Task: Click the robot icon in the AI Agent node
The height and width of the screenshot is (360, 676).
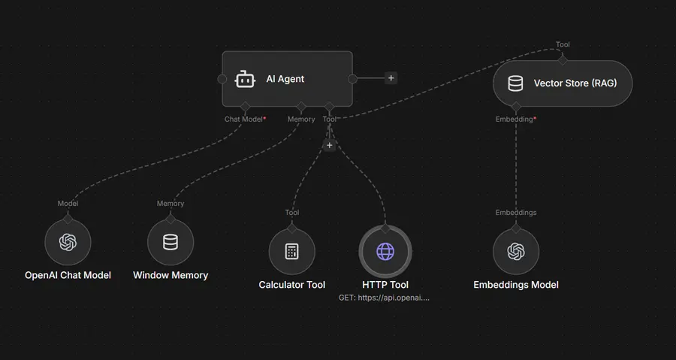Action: click(x=246, y=79)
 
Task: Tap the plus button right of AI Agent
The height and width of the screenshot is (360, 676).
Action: click(x=391, y=77)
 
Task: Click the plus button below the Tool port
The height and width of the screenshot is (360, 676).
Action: click(x=329, y=145)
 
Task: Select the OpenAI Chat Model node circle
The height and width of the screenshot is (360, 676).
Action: click(x=68, y=242)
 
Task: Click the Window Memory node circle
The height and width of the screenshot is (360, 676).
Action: click(x=171, y=242)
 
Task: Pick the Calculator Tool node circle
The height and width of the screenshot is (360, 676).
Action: click(x=292, y=251)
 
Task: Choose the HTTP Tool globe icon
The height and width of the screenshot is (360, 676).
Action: click(x=385, y=251)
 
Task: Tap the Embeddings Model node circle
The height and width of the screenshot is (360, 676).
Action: click(x=516, y=251)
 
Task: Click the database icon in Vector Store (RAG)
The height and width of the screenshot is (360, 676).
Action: click(x=515, y=83)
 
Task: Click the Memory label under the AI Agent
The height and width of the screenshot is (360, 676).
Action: click(x=301, y=119)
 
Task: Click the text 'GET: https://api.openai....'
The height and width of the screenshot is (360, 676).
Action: click(x=385, y=298)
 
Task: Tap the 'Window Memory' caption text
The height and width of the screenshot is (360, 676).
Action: click(x=171, y=275)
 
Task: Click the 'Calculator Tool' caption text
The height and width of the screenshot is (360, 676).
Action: click(x=292, y=285)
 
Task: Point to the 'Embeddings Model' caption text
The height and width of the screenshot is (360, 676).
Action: click(x=516, y=285)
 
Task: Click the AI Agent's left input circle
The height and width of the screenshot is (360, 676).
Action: click(x=222, y=78)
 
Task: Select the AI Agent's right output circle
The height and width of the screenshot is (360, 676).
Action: click(x=352, y=78)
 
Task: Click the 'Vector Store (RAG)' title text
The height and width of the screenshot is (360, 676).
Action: click(x=575, y=83)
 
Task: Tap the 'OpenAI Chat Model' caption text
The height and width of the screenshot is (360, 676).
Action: click(x=68, y=275)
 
